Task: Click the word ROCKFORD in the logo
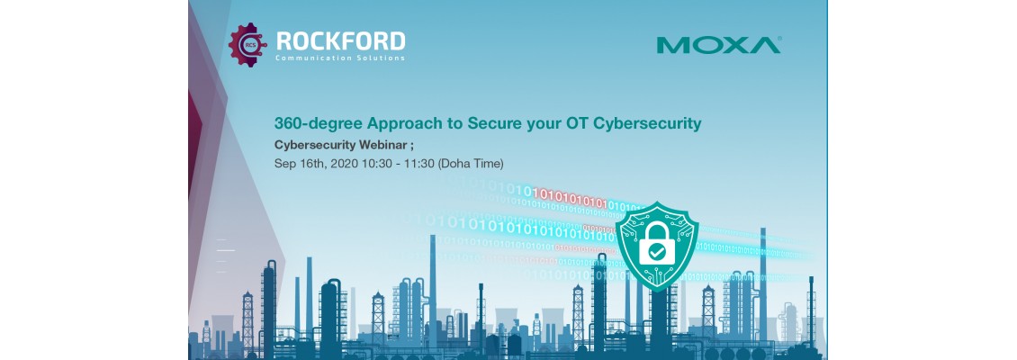341,40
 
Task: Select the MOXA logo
718,44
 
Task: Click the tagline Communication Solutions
341,58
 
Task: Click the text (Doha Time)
470,164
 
